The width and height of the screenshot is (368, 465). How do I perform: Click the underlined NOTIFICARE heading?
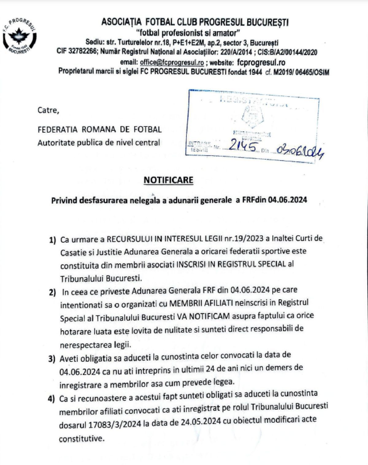pos(168,180)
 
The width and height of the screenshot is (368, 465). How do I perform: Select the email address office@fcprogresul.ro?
pos(172,62)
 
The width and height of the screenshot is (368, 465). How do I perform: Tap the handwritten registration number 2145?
pos(240,147)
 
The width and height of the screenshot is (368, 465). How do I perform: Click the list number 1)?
pos(52,240)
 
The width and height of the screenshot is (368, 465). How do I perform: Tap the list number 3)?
pos(52,359)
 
